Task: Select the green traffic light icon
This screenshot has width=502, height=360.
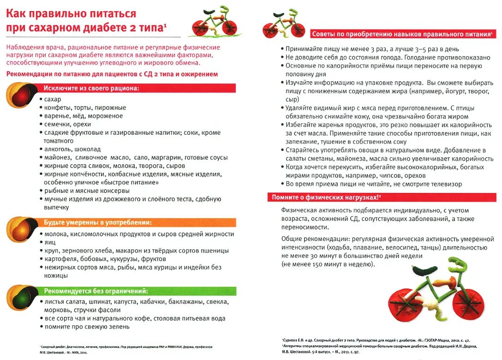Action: click(x=21, y=296)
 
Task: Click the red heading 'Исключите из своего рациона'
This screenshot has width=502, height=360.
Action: click(x=91, y=88)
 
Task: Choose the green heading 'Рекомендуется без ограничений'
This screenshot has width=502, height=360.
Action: click(x=96, y=291)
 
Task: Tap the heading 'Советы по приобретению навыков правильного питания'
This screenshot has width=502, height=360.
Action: click(x=401, y=34)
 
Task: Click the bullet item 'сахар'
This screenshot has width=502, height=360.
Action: click(x=53, y=99)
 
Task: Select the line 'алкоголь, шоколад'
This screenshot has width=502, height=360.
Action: click(x=72, y=149)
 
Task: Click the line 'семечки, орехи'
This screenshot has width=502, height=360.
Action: click(x=68, y=124)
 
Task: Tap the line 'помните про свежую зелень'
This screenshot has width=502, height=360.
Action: click(x=87, y=327)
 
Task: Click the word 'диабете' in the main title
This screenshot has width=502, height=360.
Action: click(x=110, y=27)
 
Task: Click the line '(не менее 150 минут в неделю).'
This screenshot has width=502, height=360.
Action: click(x=328, y=264)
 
